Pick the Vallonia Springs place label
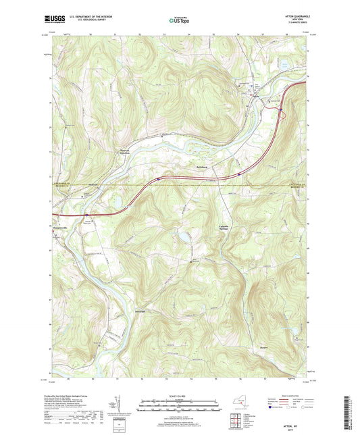click(x=225, y=226)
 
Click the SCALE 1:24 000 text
click(x=179, y=396)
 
